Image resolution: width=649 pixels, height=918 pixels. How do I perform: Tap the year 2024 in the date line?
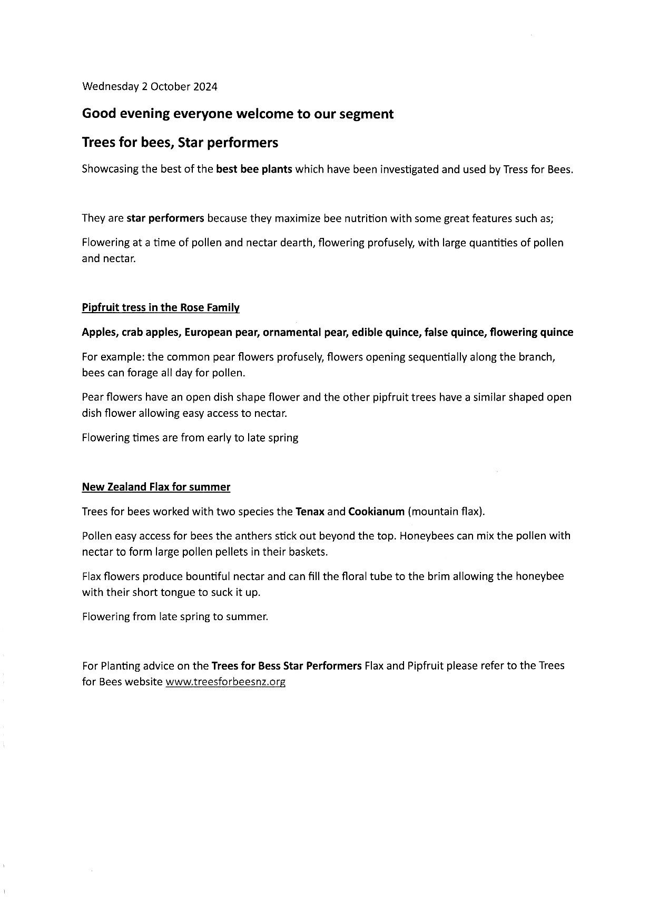[x=205, y=87]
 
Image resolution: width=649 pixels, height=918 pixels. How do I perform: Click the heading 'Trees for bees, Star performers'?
[x=180, y=143]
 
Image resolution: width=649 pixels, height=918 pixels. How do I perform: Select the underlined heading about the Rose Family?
[x=161, y=308]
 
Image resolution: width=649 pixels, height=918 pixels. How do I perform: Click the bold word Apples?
[x=100, y=333]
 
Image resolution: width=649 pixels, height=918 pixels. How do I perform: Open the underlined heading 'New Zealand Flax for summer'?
[x=156, y=487]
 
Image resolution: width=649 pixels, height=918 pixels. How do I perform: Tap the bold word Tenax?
[x=310, y=512]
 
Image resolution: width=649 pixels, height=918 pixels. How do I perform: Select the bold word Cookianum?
[x=376, y=512]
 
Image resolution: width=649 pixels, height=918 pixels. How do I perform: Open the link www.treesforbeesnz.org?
[x=225, y=682]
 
